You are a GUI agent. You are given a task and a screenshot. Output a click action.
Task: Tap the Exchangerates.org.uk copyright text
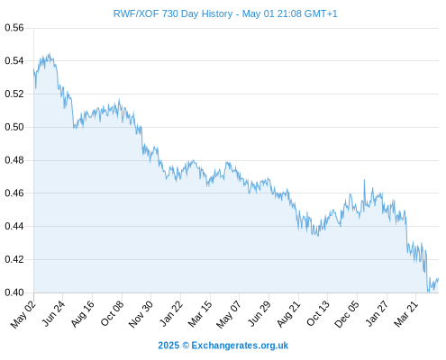pyautogui.click(x=223, y=346)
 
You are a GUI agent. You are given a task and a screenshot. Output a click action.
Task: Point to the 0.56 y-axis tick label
pyautogui.click(x=14, y=28)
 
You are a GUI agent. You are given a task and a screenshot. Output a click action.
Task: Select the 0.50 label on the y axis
pyautogui.click(x=14, y=127)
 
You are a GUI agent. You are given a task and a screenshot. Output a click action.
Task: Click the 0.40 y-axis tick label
pyautogui.click(x=14, y=292)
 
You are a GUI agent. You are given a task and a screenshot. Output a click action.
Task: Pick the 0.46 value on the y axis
pyautogui.click(x=14, y=193)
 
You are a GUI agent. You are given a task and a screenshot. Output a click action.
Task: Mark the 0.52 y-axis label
pyautogui.click(x=14, y=94)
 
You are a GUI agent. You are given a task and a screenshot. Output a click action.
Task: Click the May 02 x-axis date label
pyautogui.click(x=23, y=314)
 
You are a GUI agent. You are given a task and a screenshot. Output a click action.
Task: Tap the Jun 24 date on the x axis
pyautogui.click(x=53, y=314)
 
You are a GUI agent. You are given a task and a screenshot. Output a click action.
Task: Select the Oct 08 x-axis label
pyautogui.click(x=112, y=314)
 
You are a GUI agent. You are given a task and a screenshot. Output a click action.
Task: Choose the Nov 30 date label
pyautogui.click(x=141, y=314)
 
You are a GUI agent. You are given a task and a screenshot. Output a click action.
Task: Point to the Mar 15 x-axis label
pyautogui.click(x=200, y=314)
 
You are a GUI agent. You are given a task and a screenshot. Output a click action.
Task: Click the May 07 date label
pyautogui.click(x=229, y=314)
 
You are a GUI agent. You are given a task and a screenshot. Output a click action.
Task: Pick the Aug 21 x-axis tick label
pyautogui.click(x=288, y=314)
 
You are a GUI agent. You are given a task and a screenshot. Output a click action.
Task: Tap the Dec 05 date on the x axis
pyautogui.click(x=347, y=314)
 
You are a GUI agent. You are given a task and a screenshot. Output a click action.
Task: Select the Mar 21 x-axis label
pyautogui.click(x=406, y=314)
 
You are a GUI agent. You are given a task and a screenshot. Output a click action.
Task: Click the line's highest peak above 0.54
pyautogui.click(x=50, y=53)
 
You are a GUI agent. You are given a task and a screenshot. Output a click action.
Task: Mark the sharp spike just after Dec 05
pyautogui.click(x=364, y=180)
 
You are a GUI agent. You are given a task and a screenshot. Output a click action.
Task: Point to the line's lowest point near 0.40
pyautogui.click(x=428, y=292)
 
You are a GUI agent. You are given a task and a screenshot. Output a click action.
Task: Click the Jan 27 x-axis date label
pyautogui.click(x=377, y=314)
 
